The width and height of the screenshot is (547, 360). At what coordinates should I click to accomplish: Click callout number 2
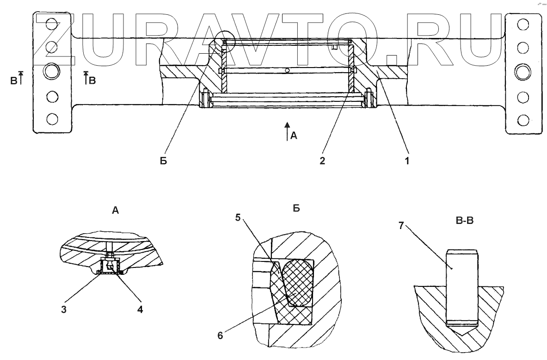pyautogui.click(x=322, y=161)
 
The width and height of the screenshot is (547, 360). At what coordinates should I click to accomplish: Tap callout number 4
pyautogui.click(x=139, y=310)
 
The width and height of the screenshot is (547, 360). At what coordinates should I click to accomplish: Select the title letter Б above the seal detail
pyautogui.click(x=296, y=209)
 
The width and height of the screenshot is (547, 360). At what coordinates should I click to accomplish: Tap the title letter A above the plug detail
pyautogui.click(x=115, y=211)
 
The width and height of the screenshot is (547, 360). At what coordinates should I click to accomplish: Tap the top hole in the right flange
pyautogui.click(x=523, y=25)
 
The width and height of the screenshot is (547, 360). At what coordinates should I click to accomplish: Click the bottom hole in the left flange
pyautogui.click(x=52, y=118)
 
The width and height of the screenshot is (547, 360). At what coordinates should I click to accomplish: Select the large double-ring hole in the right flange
pyautogui.click(x=523, y=72)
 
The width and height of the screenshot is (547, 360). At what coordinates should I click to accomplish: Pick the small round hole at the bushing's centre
pyautogui.click(x=288, y=71)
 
